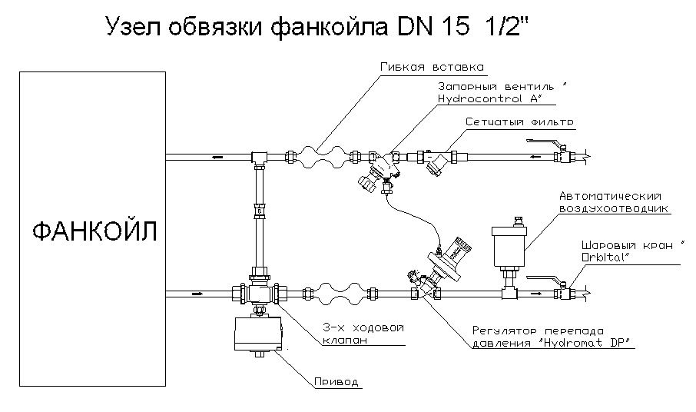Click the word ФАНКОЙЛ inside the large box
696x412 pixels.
93,231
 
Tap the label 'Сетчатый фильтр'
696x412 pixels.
519,121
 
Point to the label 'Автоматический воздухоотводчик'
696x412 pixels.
611,202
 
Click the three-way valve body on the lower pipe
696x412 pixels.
257,293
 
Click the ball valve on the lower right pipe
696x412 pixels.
566,291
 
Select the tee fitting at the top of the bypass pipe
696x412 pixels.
257,157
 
